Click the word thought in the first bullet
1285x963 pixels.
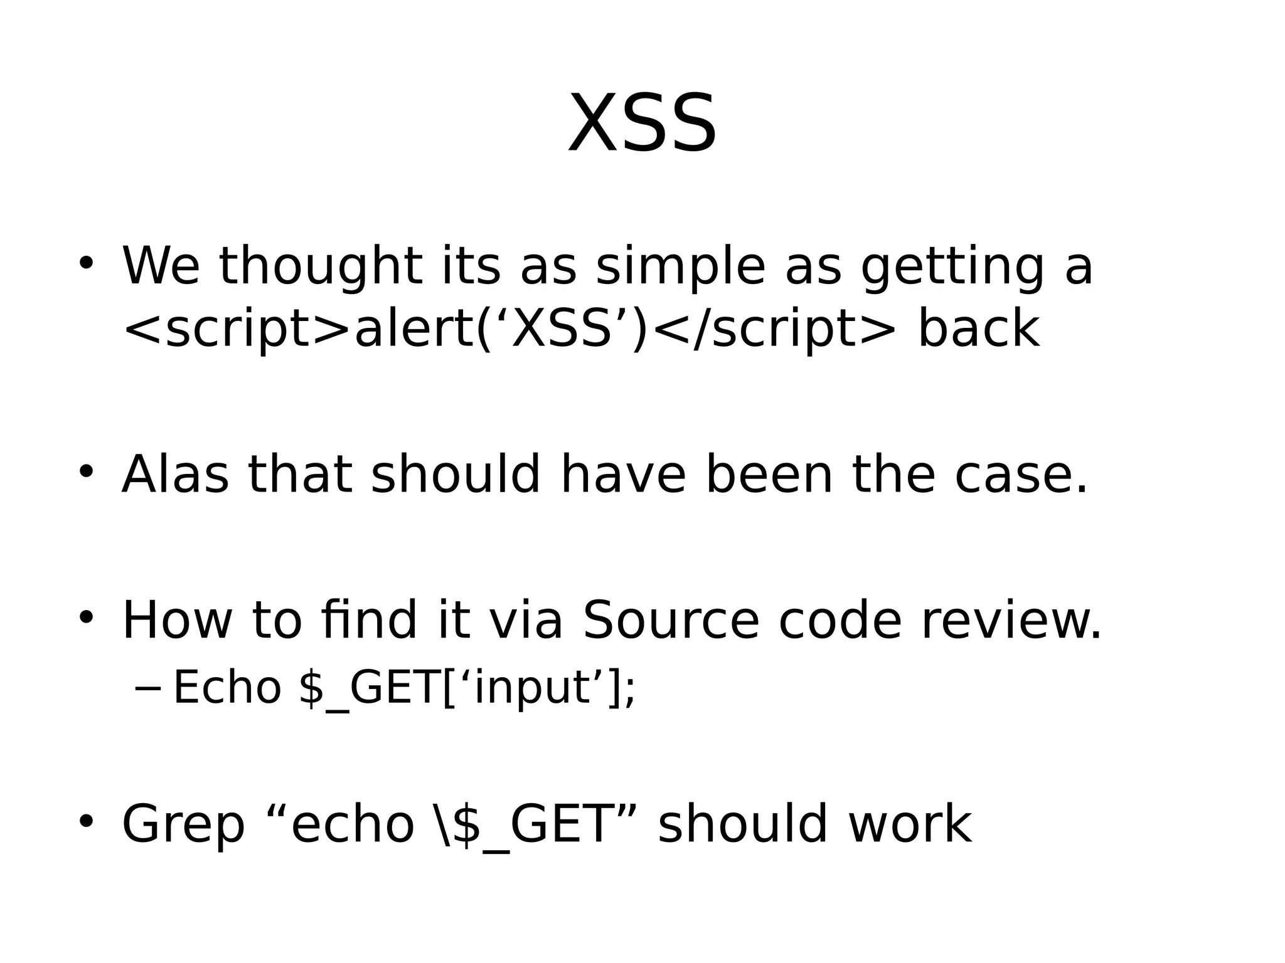(x=320, y=267)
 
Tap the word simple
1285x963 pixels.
(x=680, y=267)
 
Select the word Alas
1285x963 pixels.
(x=175, y=475)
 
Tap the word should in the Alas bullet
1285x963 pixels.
(x=455, y=475)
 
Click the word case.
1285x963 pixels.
(x=1020, y=475)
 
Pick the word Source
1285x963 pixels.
(x=671, y=621)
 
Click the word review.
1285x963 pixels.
(x=1010, y=621)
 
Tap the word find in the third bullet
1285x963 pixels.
(x=368, y=621)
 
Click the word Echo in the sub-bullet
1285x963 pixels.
(x=227, y=688)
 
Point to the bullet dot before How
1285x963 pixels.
(x=86, y=617)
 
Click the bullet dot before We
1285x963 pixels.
(x=86, y=263)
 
